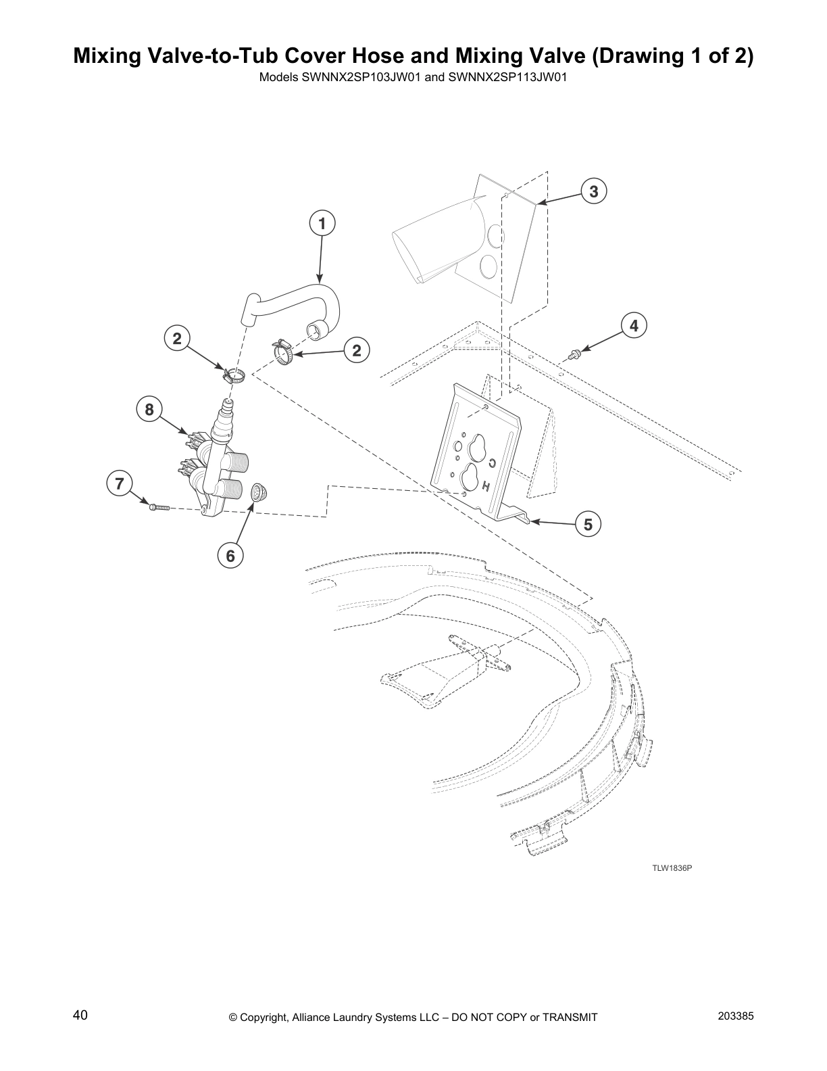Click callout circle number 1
[x=322, y=223]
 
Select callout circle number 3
[x=593, y=191]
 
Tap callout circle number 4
[x=634, y=326]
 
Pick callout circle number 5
[x=588, y=524]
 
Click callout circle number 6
[x=230, y=556]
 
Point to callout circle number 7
[x=119, y=483]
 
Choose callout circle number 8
[x=149, y=409]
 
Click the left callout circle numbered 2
[x=177, y=338]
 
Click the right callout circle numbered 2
[x=357, y=350]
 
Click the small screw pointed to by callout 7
[x=157, y=507]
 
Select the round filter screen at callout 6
[x=258, y=492]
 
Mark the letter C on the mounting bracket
[x=493, y=463]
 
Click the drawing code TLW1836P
[x=672, y=868]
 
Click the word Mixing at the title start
[x=108, y=56]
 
